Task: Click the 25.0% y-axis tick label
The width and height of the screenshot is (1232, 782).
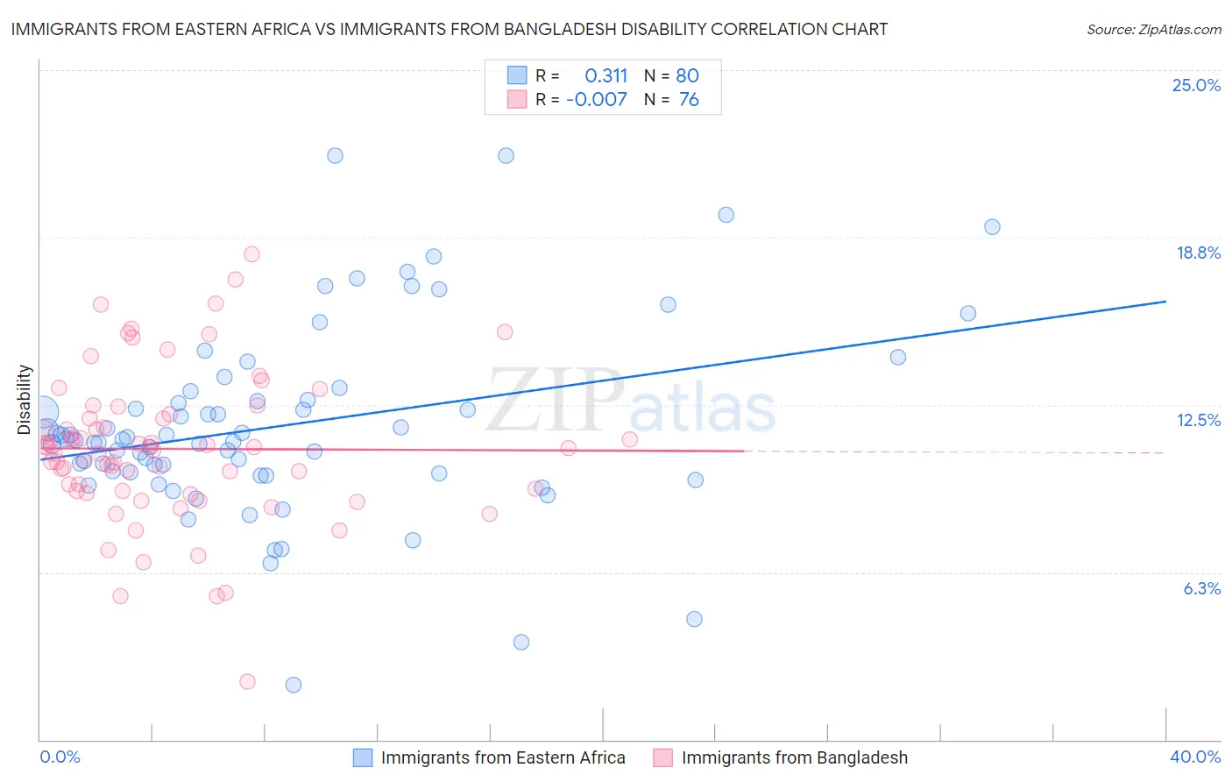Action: pos(1196,85)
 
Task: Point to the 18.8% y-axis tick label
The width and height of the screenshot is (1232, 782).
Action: pos(1198,252)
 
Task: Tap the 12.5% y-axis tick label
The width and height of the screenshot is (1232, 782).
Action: pos(1198,420)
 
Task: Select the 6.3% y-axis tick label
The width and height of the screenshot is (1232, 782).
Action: pos(1201,588)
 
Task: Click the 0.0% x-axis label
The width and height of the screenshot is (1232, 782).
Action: pos(60,757)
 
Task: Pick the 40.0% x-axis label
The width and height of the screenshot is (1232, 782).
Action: pos(1195,757)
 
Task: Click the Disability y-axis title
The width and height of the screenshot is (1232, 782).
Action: pos(25,400)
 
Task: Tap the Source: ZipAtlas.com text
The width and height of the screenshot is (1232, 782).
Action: pos(1153,29)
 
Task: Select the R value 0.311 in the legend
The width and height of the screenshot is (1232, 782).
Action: pos(605,75)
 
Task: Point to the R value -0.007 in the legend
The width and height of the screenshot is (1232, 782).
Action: pos(597,99)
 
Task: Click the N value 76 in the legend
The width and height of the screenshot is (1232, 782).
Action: pos(689,99)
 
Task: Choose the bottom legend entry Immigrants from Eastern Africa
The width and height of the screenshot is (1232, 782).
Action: pos(502,757)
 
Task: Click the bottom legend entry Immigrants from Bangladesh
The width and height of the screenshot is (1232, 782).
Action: pos(794,757)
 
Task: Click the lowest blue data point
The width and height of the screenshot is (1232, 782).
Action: pos(294,685)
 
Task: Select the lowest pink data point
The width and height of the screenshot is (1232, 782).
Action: pos(247,681)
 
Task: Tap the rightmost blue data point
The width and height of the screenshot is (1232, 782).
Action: pos(992,227)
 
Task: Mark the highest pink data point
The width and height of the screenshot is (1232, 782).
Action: pos(251,254)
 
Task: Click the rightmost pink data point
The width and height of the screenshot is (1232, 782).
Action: pos(629,439)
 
